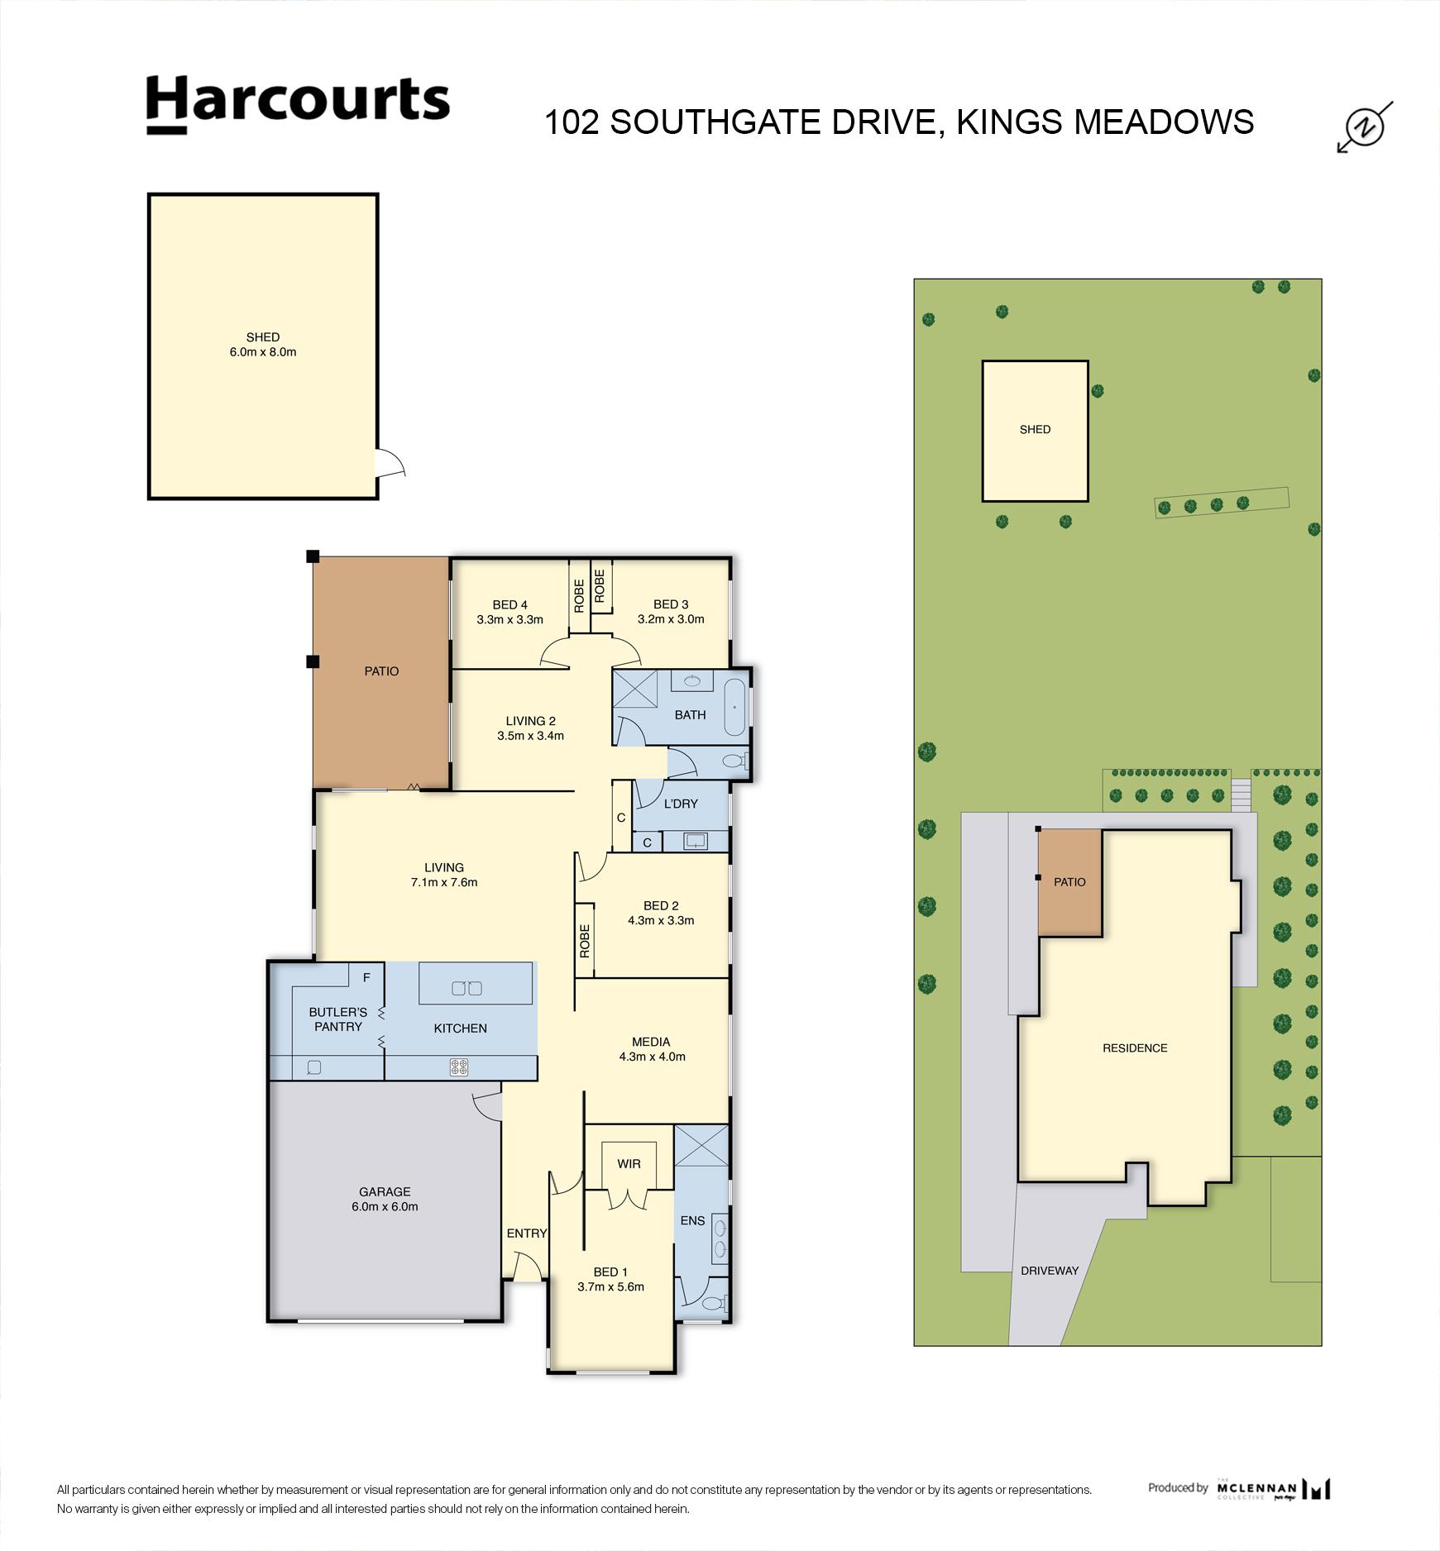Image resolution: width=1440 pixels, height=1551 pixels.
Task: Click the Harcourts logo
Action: click(298, 104)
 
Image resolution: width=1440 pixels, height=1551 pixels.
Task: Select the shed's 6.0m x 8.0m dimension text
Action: click(263, 352)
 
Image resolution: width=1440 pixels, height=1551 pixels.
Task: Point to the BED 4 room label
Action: click(510, 604)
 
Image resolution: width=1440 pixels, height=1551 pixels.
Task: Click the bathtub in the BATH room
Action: click(734, 708)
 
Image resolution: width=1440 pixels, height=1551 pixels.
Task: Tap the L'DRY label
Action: click(681, 804)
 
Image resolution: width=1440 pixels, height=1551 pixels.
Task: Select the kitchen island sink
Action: click(466, 987)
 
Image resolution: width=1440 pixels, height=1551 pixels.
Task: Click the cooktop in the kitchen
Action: click(459, 1067)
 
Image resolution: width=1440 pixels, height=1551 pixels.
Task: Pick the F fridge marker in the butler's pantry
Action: click(366, 977)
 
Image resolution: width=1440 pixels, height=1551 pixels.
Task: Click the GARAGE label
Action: click(385, 1191)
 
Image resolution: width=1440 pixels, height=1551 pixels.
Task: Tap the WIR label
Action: click(629, 1164)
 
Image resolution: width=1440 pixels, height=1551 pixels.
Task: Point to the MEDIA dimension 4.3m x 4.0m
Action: click(652, 1057)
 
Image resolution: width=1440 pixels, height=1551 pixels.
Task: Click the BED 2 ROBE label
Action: click(585, 941)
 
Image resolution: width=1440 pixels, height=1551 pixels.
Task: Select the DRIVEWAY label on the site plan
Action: click(1050, 1271)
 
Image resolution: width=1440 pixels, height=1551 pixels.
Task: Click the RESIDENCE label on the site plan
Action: click(1135, 1048)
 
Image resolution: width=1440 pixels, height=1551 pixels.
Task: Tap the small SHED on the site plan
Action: click(1035, 430)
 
